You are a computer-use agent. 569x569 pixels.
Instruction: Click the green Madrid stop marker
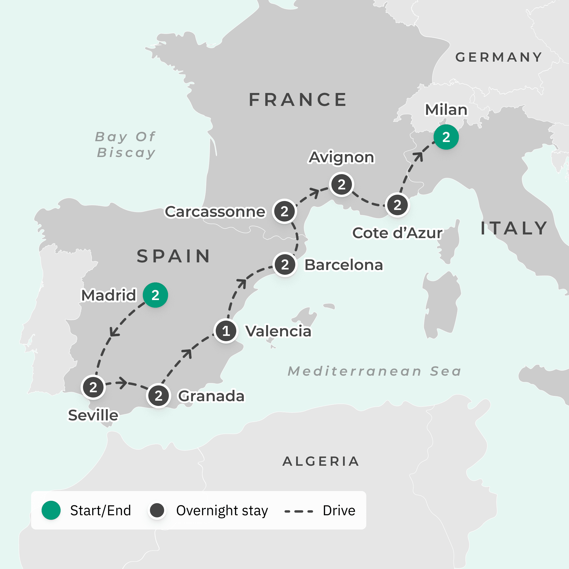click(x=155, y=295)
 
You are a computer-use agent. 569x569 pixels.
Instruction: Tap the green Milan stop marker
click(x=446, y=137)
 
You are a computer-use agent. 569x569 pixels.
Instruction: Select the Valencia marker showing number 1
click(x=226, y=331)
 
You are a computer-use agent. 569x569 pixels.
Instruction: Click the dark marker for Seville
click(x=93, y=387)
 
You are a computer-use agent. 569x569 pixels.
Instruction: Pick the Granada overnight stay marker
click(x=158, y=396)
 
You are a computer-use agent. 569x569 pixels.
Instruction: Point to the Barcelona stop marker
click(x=285, y=264)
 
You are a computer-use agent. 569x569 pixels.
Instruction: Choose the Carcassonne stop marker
click(x=284, y=211)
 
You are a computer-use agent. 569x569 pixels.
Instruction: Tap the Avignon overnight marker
click(x=341, y=185)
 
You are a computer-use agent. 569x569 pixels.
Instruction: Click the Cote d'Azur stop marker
click(x=397, y=205)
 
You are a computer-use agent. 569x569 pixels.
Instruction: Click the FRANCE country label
click(x=298, y=100)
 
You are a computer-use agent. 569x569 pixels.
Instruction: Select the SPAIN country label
click(x=174, y=256)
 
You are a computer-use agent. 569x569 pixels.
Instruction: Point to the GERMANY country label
click(x=498, y=57)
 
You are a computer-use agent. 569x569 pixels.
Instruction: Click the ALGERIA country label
click(x=321, y=461)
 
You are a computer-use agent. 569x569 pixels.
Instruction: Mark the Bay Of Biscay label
click(x=125, y=145)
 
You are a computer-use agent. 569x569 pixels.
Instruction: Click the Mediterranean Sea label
click(x=374, y=371)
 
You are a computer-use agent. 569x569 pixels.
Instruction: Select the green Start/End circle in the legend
click(x=51, y=510)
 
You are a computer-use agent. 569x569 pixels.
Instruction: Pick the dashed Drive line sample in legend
click(x=298, y=511)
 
